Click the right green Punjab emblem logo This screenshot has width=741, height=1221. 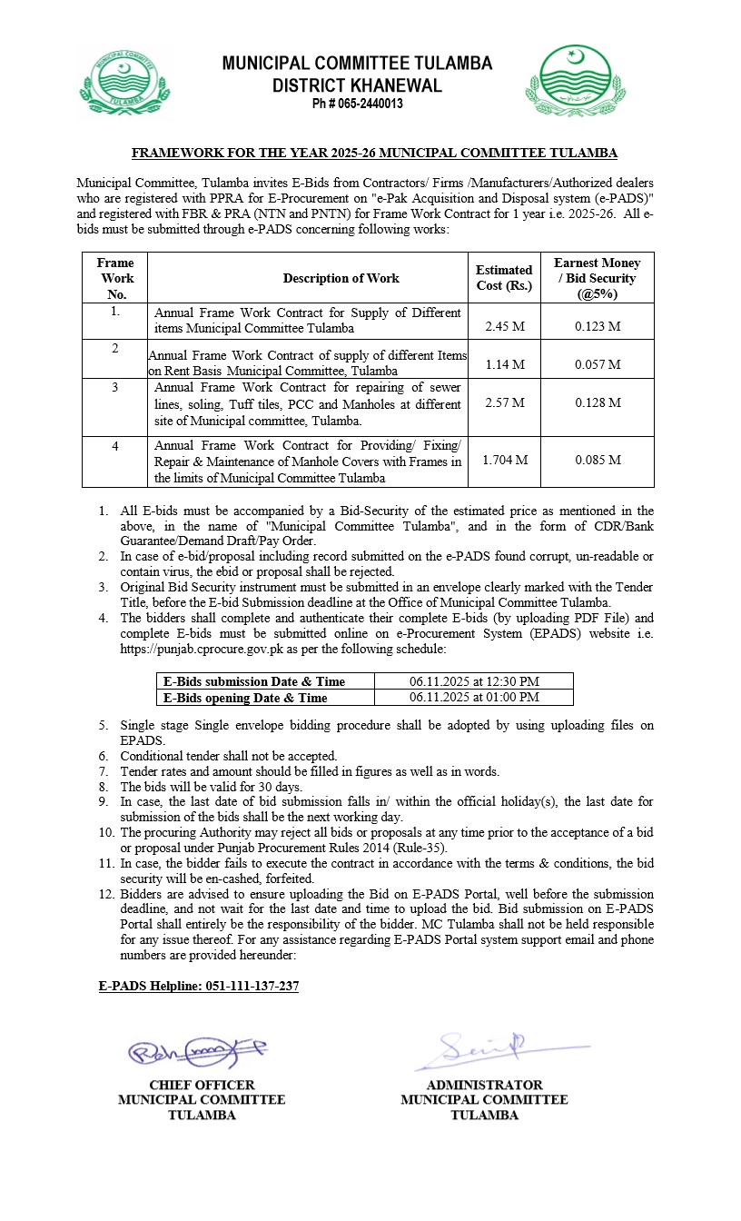pyautogui.click(x=575, y=83)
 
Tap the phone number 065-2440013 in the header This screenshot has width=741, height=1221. pyautogui.click(x=357, y=104)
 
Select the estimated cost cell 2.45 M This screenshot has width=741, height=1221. pyautogui.click(x=505, y=326)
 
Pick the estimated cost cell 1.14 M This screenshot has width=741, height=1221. pyautogui.click(x=505, y=364)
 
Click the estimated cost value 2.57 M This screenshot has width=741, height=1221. pyautogui.click(x=505, y=402)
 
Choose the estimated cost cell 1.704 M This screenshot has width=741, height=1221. pyautogui.click(x=505, y=460)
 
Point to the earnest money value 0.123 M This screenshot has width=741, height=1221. pyautogui.click(x=598, y=326)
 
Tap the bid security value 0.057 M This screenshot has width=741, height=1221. pyautogui.click(x=598, y=364)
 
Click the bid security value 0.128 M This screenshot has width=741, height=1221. pyautogui.click(x=598, y=402)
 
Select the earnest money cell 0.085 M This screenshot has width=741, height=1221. pyautogui.click(x=598, y=460)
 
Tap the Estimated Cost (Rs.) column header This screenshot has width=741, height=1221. pyautogui.click(x=504, y=278)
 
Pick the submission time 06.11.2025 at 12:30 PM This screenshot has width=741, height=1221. pyautogui.click(x=474, y=681)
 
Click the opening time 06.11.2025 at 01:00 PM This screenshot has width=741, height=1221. pyautogui.click(x=474, y=698)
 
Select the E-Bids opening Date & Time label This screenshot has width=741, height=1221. pyautogui.click(x=245, y=698)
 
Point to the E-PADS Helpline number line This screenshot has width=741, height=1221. pyautogui.click(x=199, y=986)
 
